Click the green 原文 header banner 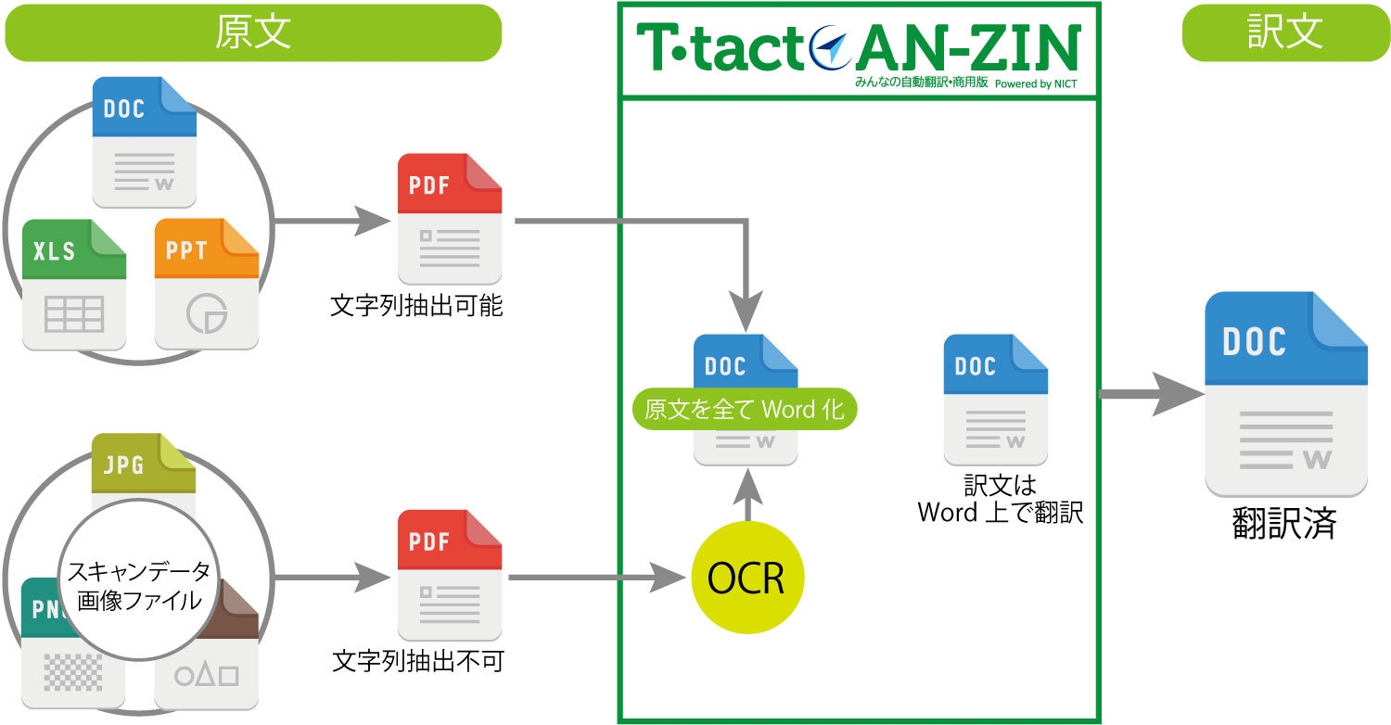[252, 33]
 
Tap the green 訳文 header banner [1284, 33]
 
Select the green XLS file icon [74, 285]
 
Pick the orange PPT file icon [206, 285]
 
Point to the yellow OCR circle [747, 579]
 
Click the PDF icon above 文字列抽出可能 [450, 219]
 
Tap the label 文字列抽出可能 [416, 306]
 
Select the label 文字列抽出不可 [417, 662]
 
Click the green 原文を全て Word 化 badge [745, 409]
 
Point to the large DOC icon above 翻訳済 [1286, 394]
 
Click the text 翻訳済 [1284, 524]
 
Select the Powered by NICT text [1036, 83]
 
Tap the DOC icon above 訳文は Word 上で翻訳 [996, 400]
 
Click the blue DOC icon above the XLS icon [145, 142]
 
